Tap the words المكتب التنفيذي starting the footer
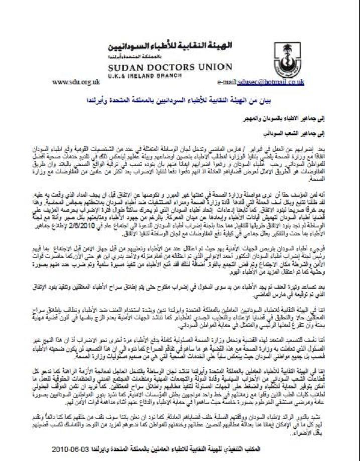[x=294, y=448]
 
